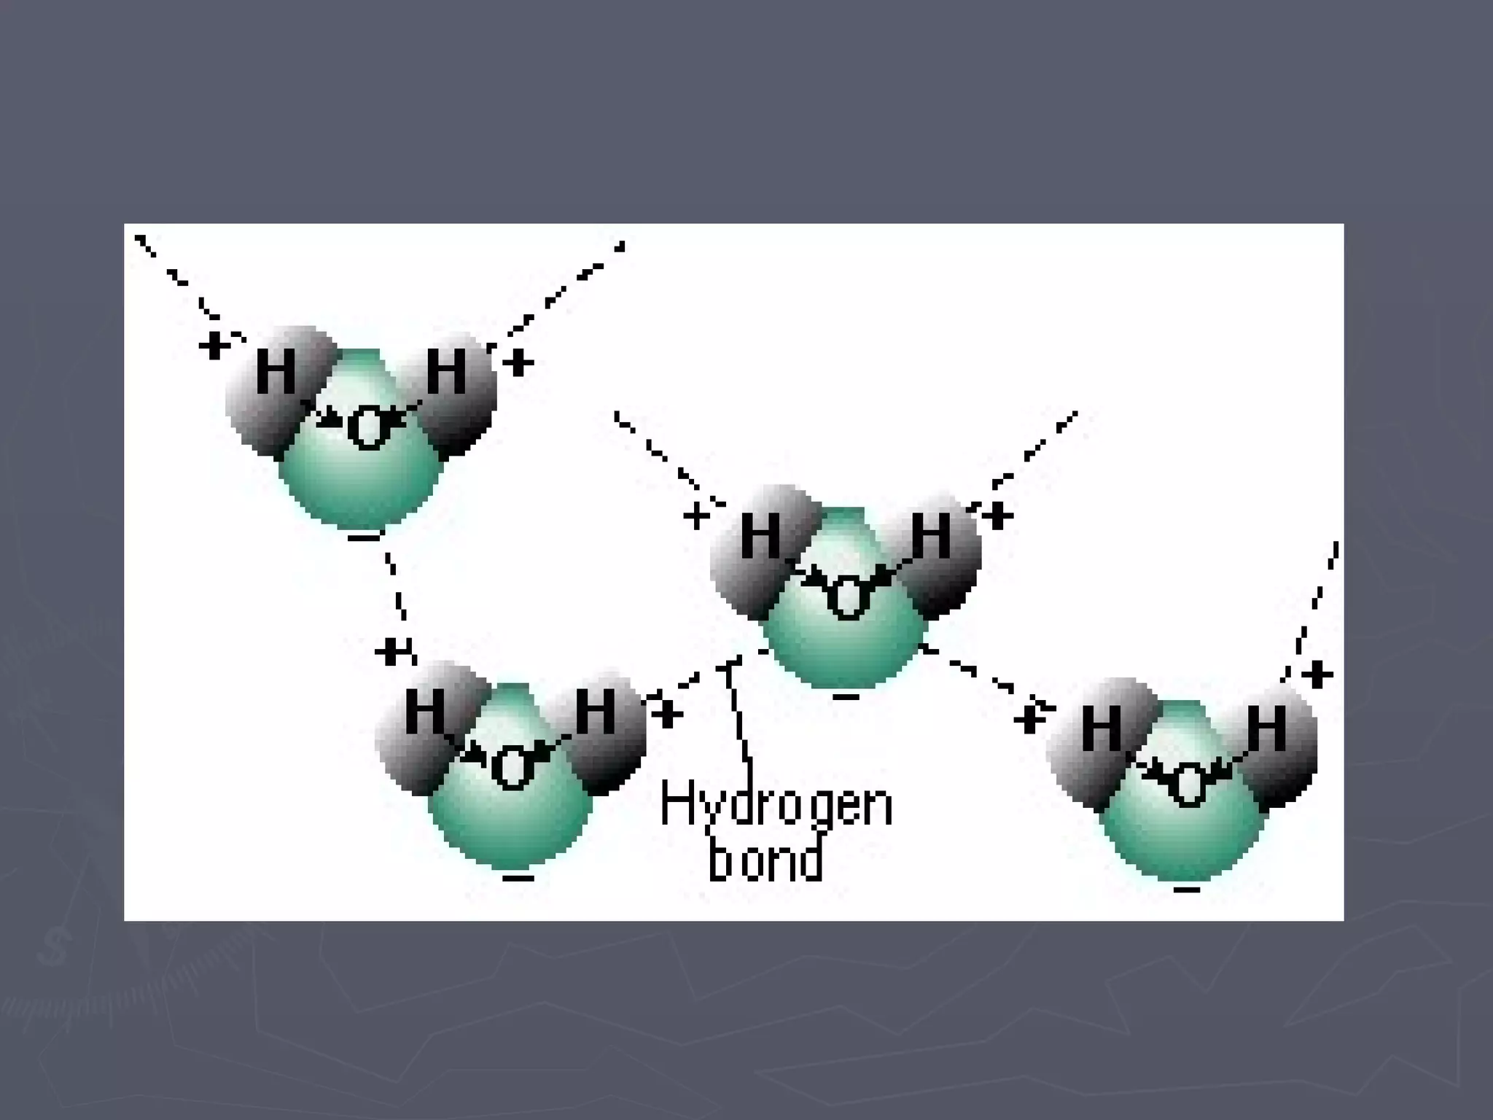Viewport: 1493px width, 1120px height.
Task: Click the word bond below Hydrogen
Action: pyautogui.click(x=765, y=860)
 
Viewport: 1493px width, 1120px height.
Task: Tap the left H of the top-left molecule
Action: pyautogui.click(x=276, y=372)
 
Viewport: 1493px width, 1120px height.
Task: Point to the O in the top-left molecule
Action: pyautogui.click(x=367, y=429)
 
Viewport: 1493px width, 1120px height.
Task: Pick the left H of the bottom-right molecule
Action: pyautogui.click(x=1101, y=729)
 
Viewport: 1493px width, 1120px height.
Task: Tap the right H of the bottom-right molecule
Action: pyautogui.click(x=1266, y=728)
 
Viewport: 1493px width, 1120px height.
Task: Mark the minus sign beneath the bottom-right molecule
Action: pyautogui.click(x=1187, y=890)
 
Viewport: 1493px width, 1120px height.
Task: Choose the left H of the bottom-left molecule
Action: pyautogui.click(x=425, y=710)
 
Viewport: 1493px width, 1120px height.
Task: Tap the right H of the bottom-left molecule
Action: pyautogui.click(x=596, y=711)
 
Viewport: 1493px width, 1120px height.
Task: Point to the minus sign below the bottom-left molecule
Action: pyautogui.click(x=518, y=877)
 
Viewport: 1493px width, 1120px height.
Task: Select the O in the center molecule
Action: pyautogui.click(x=847, y=598)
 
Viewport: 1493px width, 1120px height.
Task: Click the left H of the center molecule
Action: pyautogui.click(x=760, y=536)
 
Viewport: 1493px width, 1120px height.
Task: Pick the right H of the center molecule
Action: pyautogui.click(x=931, y=535)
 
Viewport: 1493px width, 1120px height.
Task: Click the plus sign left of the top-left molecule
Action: pyautogui.click(x=214, y=346)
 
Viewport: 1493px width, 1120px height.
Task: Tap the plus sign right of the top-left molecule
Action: pyautogui.click(x=518, y=362)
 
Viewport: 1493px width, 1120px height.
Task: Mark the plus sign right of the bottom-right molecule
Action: pyautogui.click(x=1317, y=674)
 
